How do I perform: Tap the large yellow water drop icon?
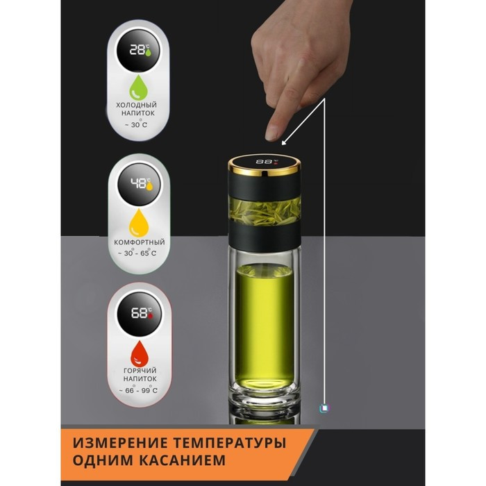tap(139, 223)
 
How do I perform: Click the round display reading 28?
tap(138, 51)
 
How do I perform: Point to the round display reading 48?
tap(139, 184)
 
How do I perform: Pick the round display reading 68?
tap(140, 313)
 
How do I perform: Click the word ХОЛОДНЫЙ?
tap(136, 105)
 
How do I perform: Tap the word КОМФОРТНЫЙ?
tap(140, 242)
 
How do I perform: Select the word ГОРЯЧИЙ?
tap(140, 370)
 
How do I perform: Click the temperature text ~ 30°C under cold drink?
tap(136, 124)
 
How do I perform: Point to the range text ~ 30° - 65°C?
tap(137, 253)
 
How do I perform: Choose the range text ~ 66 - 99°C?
tap(138, 390)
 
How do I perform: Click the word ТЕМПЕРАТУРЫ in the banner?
tap(229, 443)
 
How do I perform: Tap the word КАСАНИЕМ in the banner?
tap(182, 460)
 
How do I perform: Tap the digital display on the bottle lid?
tap(266, 162)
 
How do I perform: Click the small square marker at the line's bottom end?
tap(324, 408)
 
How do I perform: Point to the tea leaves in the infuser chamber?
tap(265, 212)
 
